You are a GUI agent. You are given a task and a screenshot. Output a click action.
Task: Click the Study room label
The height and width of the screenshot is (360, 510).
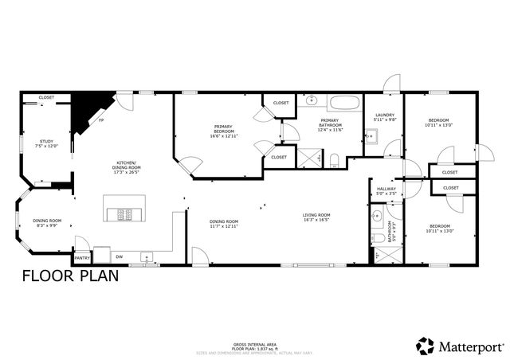click(47, 142)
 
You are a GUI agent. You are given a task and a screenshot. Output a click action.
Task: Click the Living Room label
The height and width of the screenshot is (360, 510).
click(316, 215)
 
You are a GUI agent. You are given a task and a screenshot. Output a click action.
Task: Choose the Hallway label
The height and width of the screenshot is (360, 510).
click(386, 189)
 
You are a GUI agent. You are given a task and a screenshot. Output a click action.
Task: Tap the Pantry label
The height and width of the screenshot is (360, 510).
click(82, 258)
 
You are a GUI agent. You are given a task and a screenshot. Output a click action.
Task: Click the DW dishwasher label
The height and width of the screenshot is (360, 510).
click(119, 256)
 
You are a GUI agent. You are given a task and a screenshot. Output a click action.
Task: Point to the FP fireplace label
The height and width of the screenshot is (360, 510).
click(100, 121)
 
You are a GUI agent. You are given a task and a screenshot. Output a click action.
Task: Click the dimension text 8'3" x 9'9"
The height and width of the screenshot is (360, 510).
click(47, 226)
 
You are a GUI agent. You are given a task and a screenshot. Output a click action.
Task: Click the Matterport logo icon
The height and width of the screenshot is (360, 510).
click(426, 346)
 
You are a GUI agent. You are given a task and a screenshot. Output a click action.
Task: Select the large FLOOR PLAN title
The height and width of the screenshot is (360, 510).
click(70, 276)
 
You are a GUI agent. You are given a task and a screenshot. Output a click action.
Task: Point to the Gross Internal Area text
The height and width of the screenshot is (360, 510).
click(255, 343)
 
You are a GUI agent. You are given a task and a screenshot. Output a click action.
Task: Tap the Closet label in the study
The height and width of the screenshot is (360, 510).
click(47, 97)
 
